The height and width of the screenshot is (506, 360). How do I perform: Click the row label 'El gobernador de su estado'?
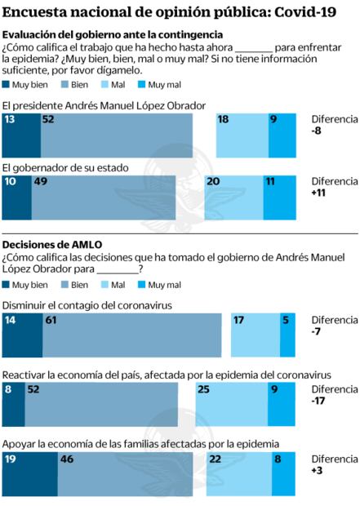[65, 168]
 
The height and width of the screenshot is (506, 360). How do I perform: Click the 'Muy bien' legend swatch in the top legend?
[7, 83]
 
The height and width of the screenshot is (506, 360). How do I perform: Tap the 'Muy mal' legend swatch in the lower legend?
[157, 285]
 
